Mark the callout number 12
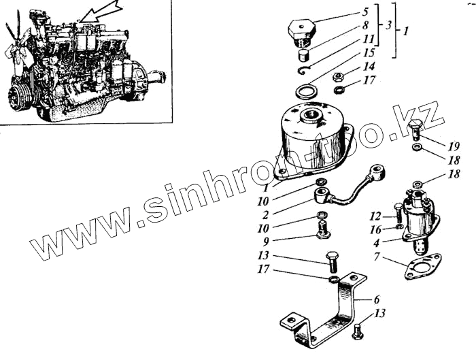coord(375,216)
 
